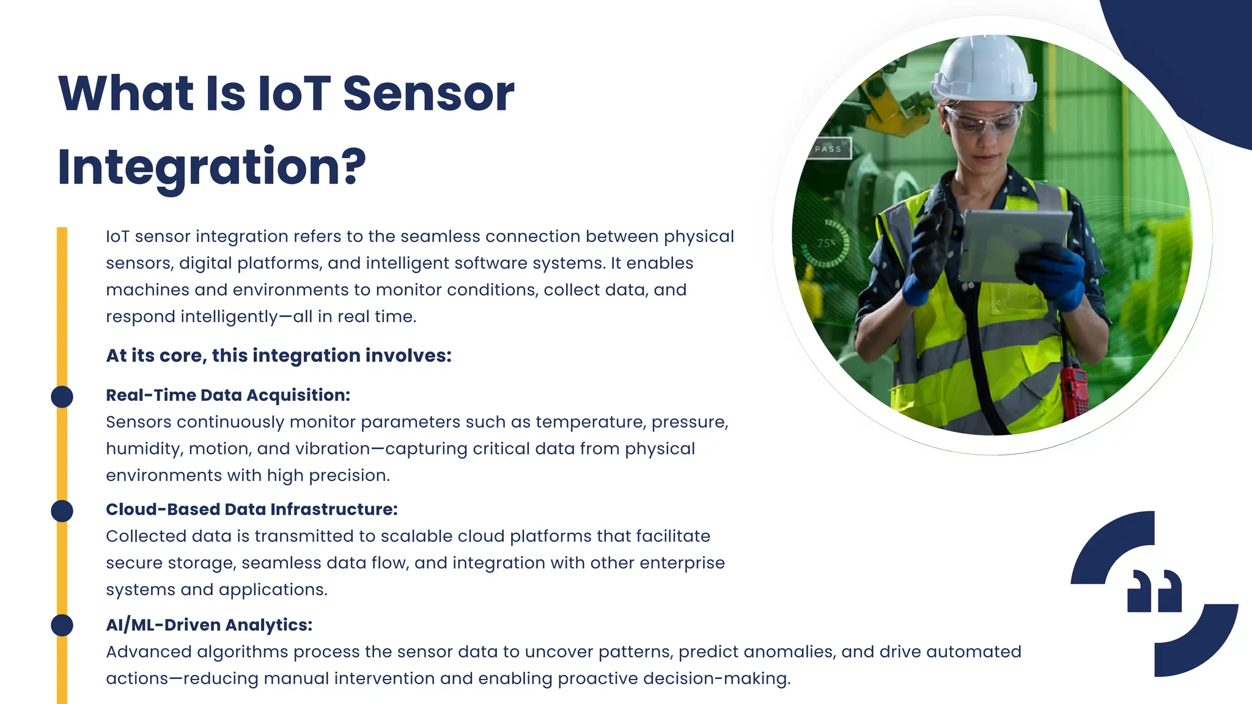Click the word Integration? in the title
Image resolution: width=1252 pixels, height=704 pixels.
(212, 166)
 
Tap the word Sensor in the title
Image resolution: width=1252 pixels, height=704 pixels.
(428, 94)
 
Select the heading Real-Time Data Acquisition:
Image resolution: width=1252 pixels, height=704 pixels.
(228, 395)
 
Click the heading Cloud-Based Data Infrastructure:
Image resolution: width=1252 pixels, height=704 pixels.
(252, 510)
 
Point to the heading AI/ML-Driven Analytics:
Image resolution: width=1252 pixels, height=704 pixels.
(209, 625)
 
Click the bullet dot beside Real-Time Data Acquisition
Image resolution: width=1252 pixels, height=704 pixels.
(62, 397)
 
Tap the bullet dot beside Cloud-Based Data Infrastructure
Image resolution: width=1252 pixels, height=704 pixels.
(62, 511)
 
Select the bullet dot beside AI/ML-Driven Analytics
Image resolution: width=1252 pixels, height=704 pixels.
(62, 625)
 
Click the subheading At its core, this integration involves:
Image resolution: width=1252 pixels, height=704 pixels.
(279, 356)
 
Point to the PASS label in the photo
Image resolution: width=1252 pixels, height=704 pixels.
(828, 148)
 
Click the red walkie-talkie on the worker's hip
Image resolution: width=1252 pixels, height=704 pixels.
(1073, 391)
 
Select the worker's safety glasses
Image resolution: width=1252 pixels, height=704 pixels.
(983, 119)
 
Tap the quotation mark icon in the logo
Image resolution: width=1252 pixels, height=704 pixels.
(1154, 591)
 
